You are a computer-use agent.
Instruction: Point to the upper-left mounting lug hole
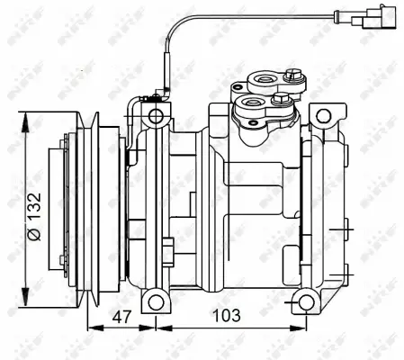[x=157, y=116]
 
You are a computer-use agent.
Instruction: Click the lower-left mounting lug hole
[x=157, y=299]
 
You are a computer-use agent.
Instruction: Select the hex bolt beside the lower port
[x=280, y=100]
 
